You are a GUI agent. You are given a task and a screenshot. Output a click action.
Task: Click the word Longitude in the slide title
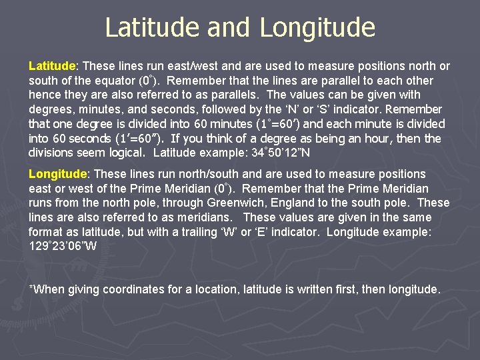317,27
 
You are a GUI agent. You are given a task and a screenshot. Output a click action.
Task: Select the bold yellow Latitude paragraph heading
53,66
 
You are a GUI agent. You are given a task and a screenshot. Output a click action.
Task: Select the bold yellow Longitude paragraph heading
57,174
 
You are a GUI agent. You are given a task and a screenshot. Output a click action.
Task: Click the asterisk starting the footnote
31,288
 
